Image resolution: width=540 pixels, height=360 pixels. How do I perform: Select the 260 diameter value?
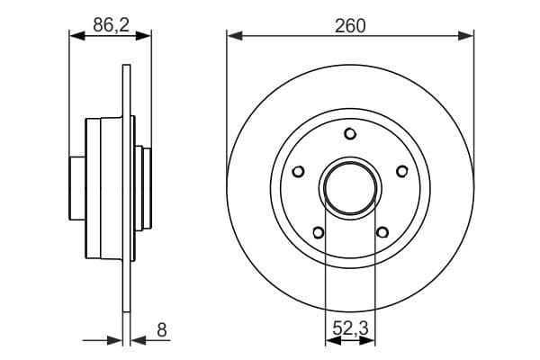pyautogui.click(x=350, y=27)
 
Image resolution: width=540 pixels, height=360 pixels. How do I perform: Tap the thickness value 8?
pyautogui.click(x=162, y=329)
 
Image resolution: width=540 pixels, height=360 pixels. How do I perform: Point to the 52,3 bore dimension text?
pyautogui.click(x=350, y=329)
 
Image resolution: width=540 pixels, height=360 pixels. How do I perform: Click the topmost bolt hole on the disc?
pyautogui.click(x=350, y=134)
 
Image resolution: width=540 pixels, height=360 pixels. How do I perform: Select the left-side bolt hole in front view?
pyautogui.click(x=299, y=171)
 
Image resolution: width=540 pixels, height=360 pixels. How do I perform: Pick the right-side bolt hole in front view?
pyautogui.click(x=401, y=171)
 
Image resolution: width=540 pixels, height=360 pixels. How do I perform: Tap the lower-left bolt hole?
pyautogui.click(x=318, y=233)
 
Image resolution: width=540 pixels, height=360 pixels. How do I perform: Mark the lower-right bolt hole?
pyautogui.click(x=382, y=233)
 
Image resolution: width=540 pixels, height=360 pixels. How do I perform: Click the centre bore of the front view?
pyautogui.click(x=350, y=187)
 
